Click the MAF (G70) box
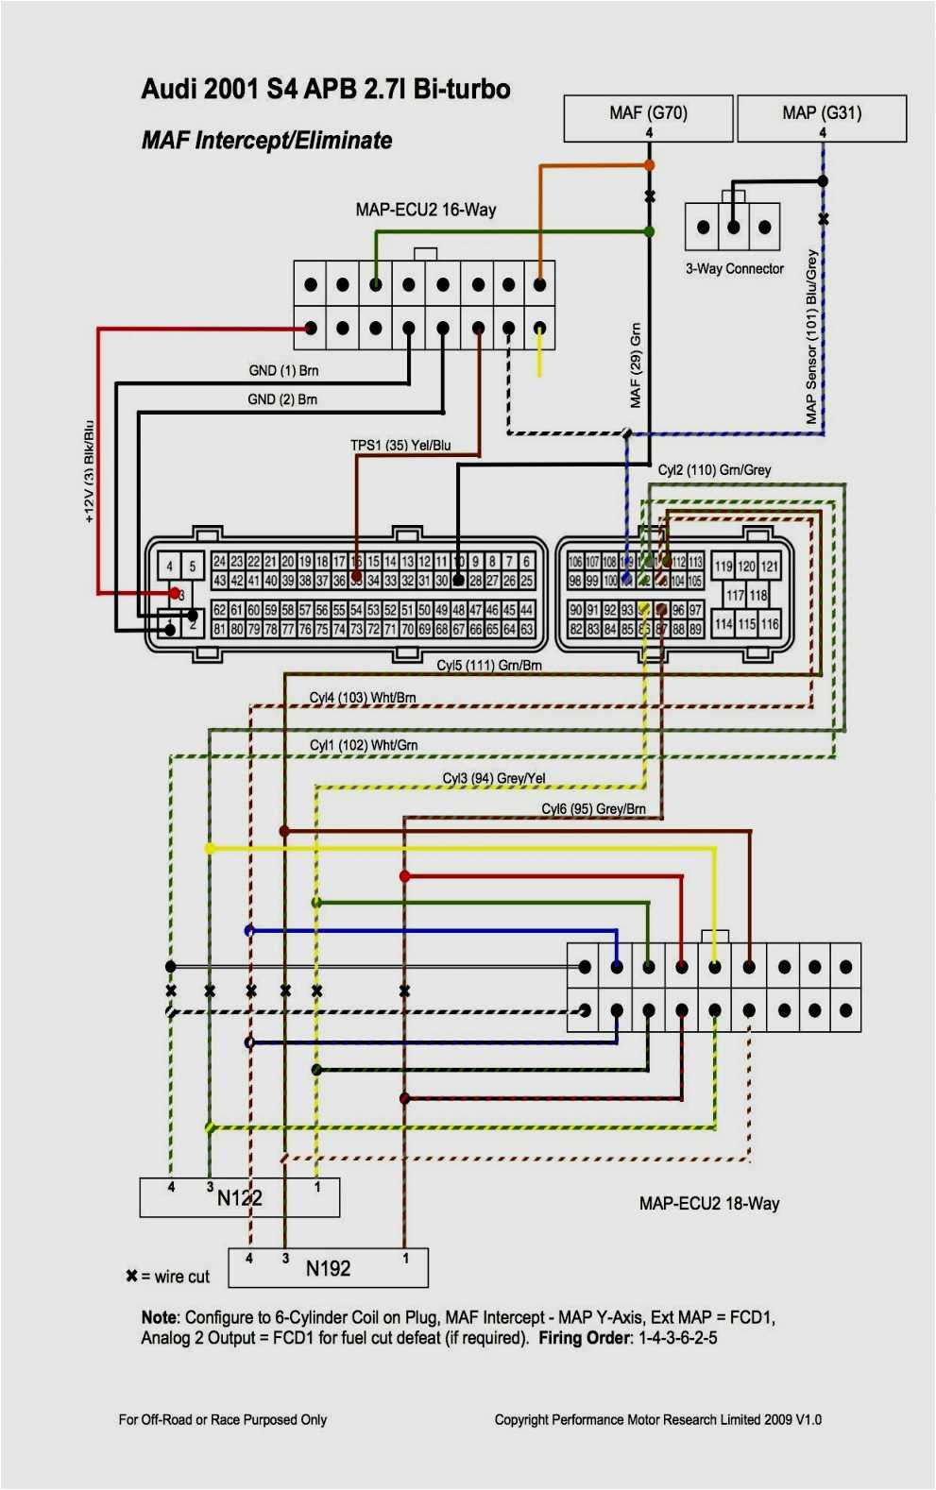[x=648, y=117]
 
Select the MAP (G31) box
[x=821, y=117]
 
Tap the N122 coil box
[x=240, y=1197]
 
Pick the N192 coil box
[x=328, y=1268]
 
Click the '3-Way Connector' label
[x=735, y=269]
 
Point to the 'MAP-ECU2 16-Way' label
[x=425, y=210]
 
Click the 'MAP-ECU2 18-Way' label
[x=708, y=1203]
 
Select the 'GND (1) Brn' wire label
[x=283, y=371]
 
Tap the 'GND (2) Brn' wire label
[x=282, y=399]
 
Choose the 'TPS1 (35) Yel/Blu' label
[x=400, y=445]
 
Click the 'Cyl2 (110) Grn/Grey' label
[x=714, y=470]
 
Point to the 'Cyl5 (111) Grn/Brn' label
[x=489, y=666]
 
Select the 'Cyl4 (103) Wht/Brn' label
[x=363, y=698]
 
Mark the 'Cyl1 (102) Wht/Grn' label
[x=364, y=745]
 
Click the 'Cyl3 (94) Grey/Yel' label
[x=494, y=778]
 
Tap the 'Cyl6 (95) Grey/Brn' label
[x=593, y=809]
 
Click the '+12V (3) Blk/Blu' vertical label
[x=90, y=471]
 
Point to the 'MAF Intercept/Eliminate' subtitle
[x=267, y=141]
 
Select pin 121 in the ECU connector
[x=770, y=567]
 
